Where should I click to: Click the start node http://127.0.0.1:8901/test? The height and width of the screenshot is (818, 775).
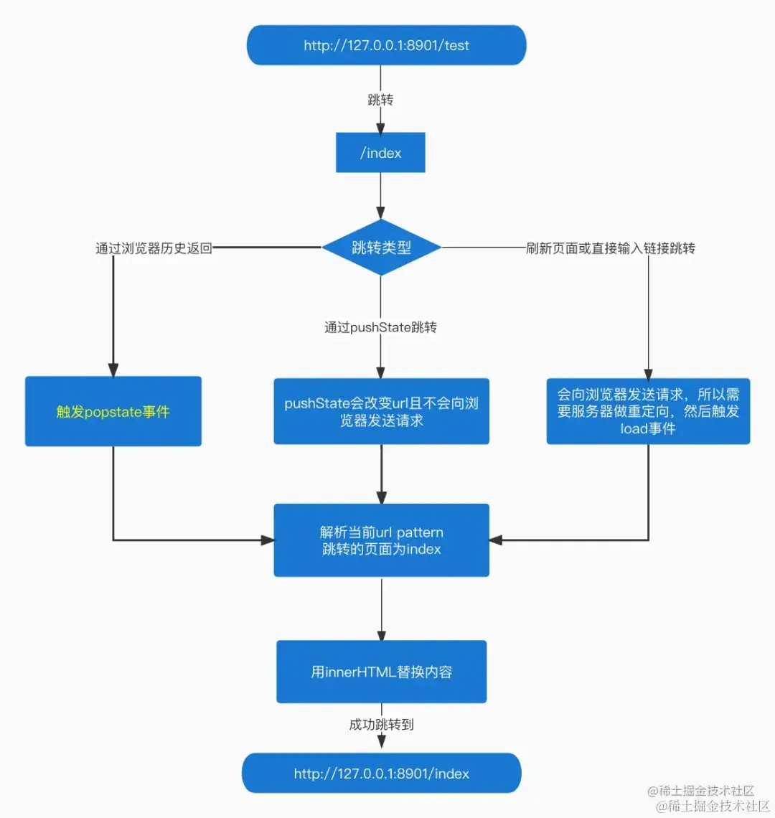click(x=386, y=45)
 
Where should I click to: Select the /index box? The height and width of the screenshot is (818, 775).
click(x=380, y=152)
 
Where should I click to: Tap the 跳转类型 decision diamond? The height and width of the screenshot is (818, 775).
click(x=381, y=248)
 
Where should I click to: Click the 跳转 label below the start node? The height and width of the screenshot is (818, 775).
click(x=380, y=100)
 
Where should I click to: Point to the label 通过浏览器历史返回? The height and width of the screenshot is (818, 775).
click(x=154, y=248)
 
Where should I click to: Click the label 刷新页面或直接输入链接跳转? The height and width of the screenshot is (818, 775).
click(x=610, y=248)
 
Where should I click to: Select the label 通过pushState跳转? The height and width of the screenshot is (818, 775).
click(x=380, y=327)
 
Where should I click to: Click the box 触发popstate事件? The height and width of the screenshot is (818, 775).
click(x=113, y=411)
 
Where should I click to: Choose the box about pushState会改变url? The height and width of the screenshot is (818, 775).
click(x=381, y=411)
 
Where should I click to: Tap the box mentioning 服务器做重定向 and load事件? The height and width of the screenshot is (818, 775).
click(x=648, y=411)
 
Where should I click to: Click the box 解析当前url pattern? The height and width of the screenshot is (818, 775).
click(x=381, y=540)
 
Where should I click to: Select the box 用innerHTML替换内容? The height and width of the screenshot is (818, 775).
click(x=381, y=672)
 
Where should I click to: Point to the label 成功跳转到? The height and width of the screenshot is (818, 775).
click(x=381, y=724)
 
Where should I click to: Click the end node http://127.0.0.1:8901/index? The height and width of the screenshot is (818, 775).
click(x=381, y=774)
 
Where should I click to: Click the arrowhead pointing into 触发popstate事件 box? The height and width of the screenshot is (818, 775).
click(x=113, y=370)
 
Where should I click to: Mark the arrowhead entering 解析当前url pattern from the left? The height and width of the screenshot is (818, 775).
click(x=267, y=540)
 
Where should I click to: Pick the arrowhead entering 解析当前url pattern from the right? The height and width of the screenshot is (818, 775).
click(x=496, y=540)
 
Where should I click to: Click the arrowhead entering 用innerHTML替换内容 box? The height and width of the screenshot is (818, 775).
click(x=381, y=634)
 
